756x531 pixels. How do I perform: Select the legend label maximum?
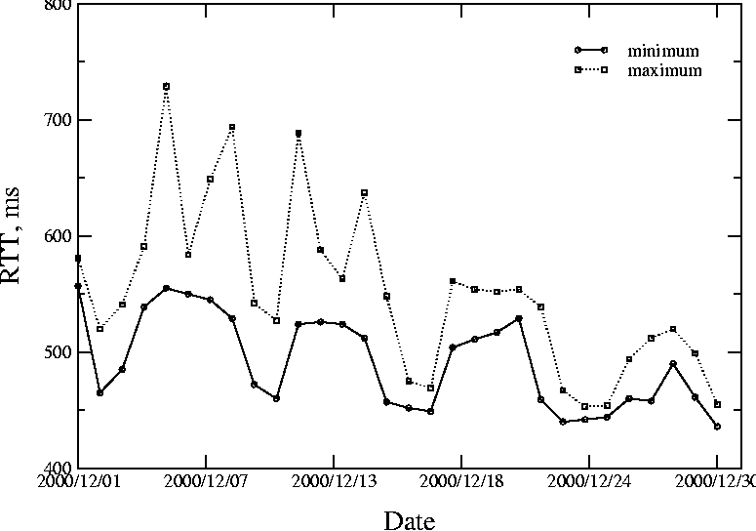click(x=664, y=70)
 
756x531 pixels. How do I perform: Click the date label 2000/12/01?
click(x=78, y=481)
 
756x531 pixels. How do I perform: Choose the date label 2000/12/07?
click(x=206, y=481)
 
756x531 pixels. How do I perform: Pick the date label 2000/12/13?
click(x=334, y=481)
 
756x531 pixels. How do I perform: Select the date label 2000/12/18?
click(x=461, y=481)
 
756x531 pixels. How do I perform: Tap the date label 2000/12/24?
click(x=588, y=481)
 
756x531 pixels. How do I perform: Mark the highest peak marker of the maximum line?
click(x=167, y=87)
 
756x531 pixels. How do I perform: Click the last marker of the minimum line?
click(x=717, y=427)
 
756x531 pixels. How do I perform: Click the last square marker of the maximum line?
click(x=717, y=404)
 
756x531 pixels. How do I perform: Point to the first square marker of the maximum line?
click(x=78, y=259)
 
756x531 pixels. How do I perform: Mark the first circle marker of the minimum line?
click(x=78, y=286)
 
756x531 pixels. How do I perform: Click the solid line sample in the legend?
click(x=591, y=49)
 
